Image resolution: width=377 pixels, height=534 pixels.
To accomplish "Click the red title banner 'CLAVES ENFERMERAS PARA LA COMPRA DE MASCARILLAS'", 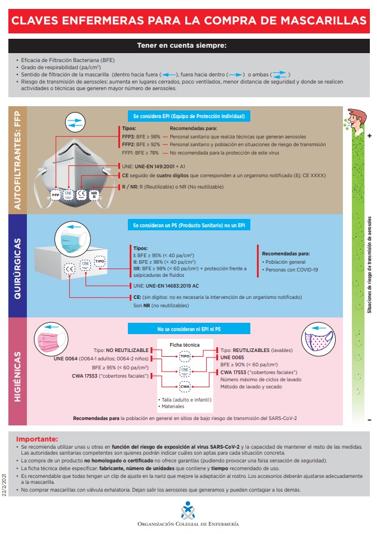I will [x=188, y=21].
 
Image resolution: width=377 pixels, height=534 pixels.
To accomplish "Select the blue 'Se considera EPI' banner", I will [x=188, y=116].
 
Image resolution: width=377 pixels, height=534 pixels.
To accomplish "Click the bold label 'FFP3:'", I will [x=129, y=136].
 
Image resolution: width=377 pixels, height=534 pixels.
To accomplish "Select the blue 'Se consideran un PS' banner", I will [x=188, y=225].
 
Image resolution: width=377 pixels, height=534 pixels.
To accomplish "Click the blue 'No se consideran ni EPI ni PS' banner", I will [x=188, y=329].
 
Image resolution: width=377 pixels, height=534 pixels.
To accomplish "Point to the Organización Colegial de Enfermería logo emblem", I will [x=188, y=510].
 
